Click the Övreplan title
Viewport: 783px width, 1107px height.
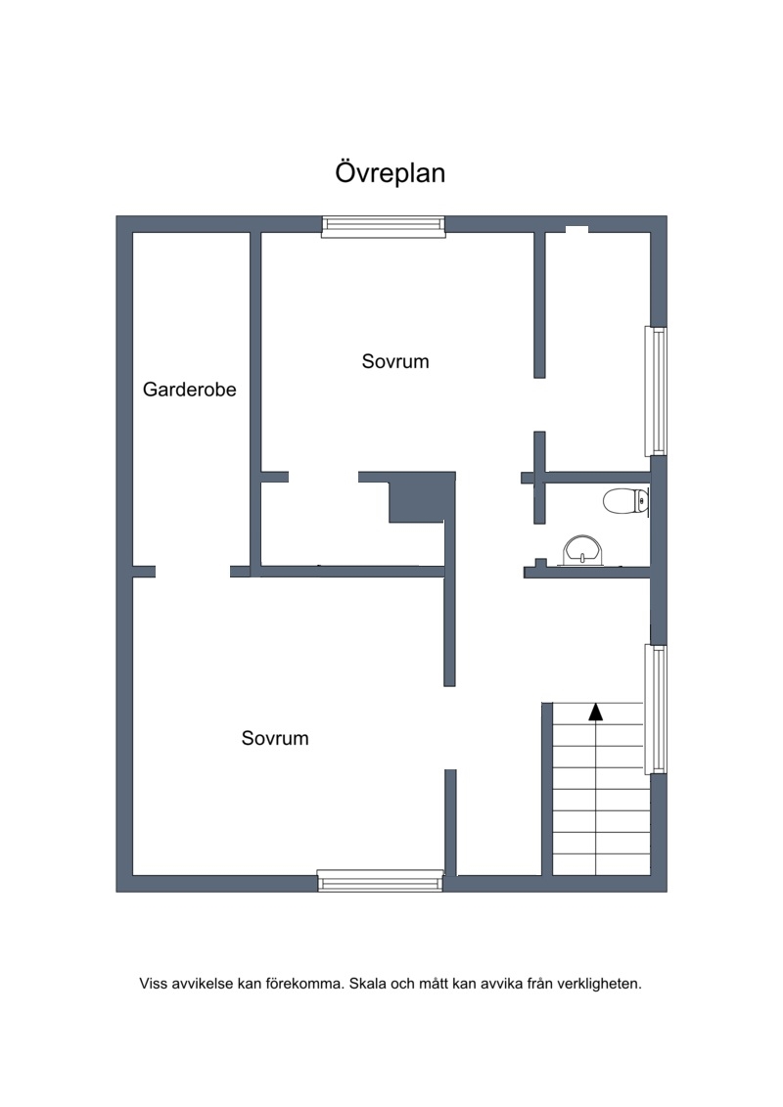pos(390,173)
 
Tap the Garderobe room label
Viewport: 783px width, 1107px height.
pos(189,389)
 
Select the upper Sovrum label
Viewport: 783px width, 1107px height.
pos(395,361)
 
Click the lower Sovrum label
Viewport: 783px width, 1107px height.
pos(275,738)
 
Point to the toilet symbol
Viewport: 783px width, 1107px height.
pos(626,501)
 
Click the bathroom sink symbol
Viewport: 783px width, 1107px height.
pos(582,551)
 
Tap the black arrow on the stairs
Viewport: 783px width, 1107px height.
pos(596,712)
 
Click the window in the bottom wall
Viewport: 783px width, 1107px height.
pos(380,880)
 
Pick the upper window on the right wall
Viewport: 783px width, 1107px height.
pos(656,392)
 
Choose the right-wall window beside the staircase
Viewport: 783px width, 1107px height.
pos(656,709)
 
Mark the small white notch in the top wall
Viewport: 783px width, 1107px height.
pos(576,229)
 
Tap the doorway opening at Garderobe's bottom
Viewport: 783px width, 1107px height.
pos(193,572)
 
